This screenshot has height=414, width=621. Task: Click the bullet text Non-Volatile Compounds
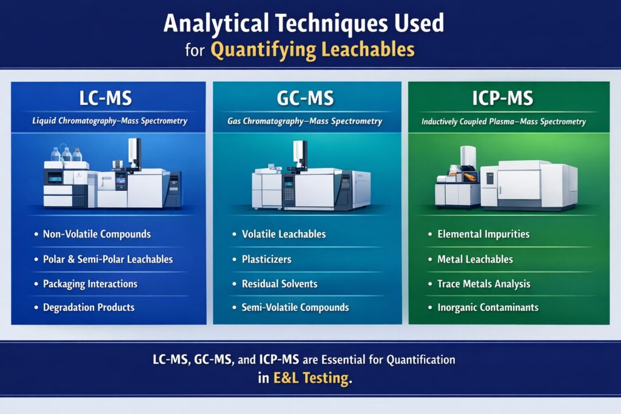[97, 234]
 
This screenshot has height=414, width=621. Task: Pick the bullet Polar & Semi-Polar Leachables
[108, 259]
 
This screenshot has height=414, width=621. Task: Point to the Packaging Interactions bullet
[90, 284]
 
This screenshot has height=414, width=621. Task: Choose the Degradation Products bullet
[89, 307]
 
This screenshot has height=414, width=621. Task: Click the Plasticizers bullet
[266, 259]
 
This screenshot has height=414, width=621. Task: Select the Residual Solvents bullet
[280, 284]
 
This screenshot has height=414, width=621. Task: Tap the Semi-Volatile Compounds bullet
[295, 307]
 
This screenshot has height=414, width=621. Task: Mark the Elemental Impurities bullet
[483, 234]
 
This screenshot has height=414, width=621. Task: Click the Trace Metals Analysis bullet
[484, 284]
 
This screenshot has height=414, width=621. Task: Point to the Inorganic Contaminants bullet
[488, 307]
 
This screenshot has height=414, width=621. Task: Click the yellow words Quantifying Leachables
[312, 49]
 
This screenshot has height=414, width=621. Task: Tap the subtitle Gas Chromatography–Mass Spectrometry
[305, 121]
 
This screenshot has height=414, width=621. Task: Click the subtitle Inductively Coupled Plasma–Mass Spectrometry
[503, 122]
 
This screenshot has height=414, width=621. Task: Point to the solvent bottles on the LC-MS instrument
[66, 154]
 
